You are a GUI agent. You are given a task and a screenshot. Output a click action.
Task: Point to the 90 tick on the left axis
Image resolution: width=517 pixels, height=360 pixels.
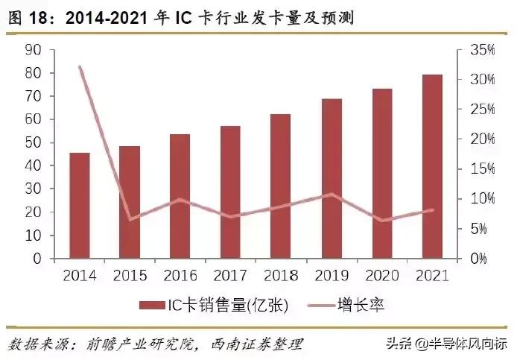pyautogui.click(x=32, y=50)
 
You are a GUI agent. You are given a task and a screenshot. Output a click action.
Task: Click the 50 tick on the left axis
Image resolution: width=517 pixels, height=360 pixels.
pyautogui.click(x=32, y=143)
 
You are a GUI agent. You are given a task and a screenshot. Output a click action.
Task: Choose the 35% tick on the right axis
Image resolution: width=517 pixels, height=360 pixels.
pyautogui.click(x=482, y=50)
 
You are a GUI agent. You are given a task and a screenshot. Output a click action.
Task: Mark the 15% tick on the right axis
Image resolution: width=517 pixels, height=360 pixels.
pyautogui.click(x=482, y=169)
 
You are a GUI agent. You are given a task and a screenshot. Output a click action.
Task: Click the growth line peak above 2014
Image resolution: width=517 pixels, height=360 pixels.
pyautogui.click(x=80, y=67)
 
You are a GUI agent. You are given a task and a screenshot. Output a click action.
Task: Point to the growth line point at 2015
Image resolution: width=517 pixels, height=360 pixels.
pyautogui.click(x=130, y=219)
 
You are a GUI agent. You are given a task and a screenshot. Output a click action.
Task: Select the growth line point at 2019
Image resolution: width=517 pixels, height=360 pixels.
pyautogui.click(x=332, y=195)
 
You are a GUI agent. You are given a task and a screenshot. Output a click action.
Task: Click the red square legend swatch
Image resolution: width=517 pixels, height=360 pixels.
pyautogui.click(x=149, y=305)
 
